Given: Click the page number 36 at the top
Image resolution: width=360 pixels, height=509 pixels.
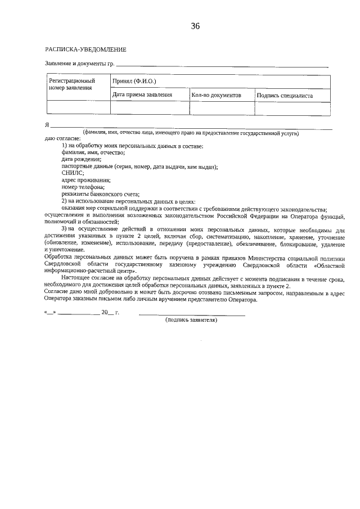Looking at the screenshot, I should point(196,26).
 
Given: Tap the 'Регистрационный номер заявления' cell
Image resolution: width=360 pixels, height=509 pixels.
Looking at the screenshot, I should point(73,85).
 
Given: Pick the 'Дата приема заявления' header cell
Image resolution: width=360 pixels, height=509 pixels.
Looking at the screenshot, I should point(142,96).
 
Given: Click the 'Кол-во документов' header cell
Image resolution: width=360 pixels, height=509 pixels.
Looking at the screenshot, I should point(216,96).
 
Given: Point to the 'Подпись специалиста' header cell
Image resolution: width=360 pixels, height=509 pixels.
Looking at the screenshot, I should point(285,96).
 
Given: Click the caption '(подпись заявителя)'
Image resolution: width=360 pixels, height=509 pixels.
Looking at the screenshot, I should point(191,320).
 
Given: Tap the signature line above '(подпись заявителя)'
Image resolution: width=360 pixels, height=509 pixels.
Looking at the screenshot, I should point(192,314).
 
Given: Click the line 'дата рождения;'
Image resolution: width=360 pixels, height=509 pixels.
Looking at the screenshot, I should point(82,160).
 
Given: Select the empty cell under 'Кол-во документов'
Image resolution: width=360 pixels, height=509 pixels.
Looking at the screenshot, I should point(222,109).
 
